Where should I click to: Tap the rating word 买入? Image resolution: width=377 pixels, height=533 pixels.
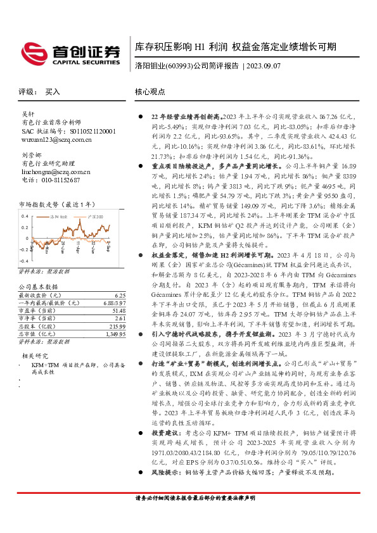(53, 92)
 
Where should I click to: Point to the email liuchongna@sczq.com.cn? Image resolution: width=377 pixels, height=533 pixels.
(56, 172)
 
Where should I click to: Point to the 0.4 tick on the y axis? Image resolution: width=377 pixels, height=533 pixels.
(25, 216)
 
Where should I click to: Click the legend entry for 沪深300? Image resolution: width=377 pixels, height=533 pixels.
(96, 216)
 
